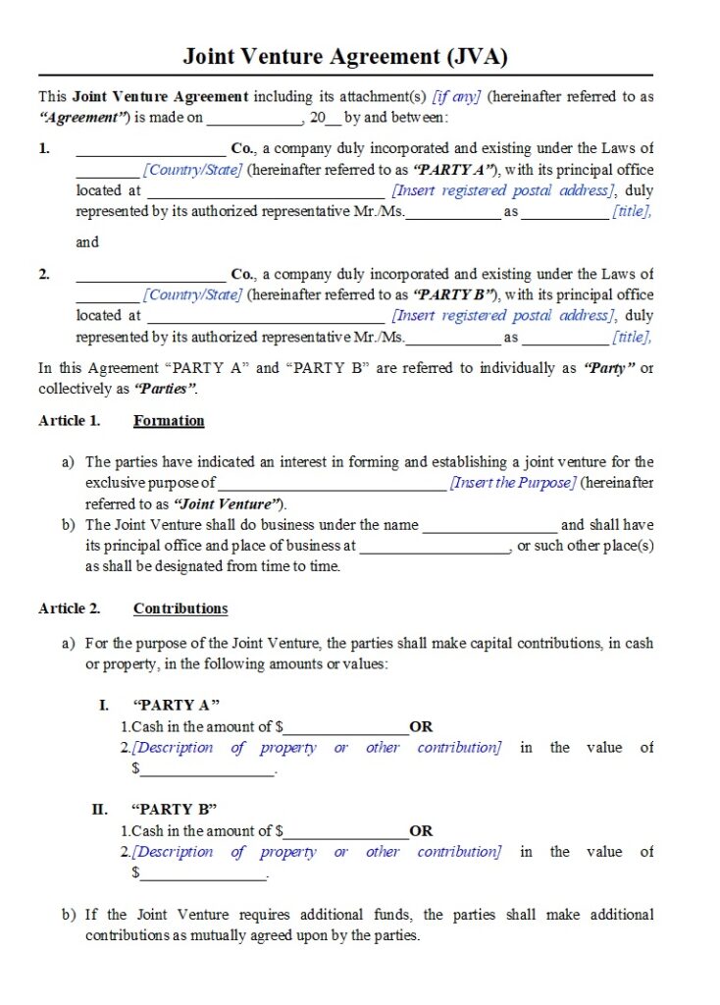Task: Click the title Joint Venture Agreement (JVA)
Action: [345, 56]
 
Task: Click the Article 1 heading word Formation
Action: [169, 420]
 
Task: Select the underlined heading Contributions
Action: [180, 608]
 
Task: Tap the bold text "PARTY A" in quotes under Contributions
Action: [176, 705]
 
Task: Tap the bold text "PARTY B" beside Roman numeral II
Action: [174, 809]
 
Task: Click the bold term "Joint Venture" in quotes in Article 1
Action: [229, 503]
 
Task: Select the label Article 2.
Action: [69, 608]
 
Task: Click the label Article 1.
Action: [69, 420]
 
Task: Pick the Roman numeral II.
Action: [99, 809]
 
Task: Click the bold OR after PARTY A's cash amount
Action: [421, 727]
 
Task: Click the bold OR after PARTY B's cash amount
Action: [421, 830]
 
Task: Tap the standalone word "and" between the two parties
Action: [87, 241]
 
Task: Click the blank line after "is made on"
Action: [254, 119]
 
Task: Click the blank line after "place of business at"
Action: [435, 547]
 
